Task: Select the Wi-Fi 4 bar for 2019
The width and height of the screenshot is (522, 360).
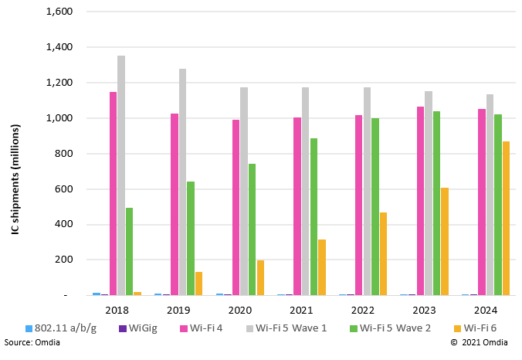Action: pyautogui.click(x=175, y=204)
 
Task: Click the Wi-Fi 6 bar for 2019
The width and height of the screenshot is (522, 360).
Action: pyautogui.click(x=198, y=284)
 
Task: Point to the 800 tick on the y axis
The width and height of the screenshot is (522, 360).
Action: pyautogui.click(x=63, y=154)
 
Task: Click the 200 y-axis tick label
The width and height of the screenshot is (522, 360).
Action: pyautogui.click(x=63, y=260)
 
